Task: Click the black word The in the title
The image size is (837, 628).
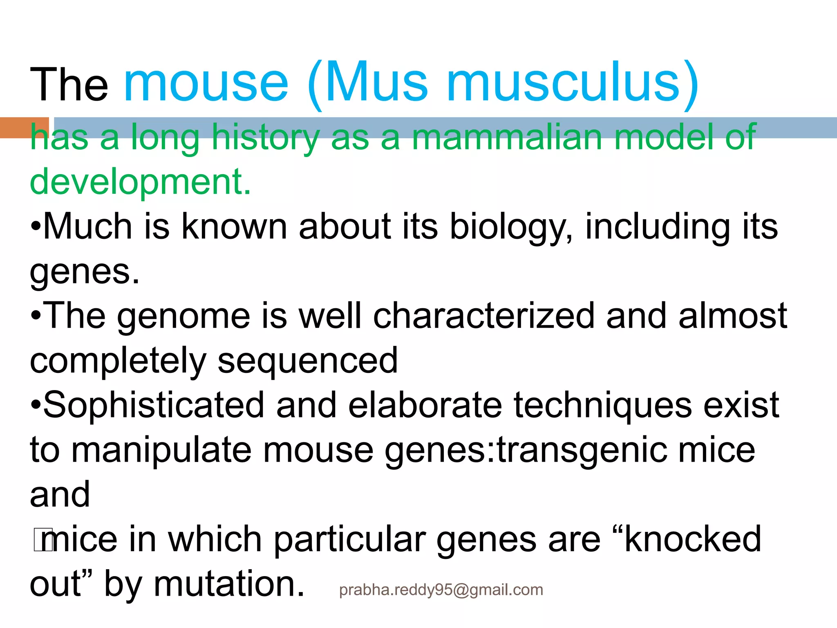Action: (x=69, y=85)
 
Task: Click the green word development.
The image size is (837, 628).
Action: (x=140, y=182)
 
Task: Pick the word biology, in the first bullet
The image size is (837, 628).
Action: (x=511, y=227)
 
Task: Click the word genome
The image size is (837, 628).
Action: (x=184, y=316)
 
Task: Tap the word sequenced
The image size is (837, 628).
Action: (x=307, y=361)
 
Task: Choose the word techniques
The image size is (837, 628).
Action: (x=602, y=406)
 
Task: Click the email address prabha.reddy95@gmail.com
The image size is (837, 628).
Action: (x=441, y=590)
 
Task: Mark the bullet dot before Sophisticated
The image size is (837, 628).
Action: (x=36, y=406)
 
